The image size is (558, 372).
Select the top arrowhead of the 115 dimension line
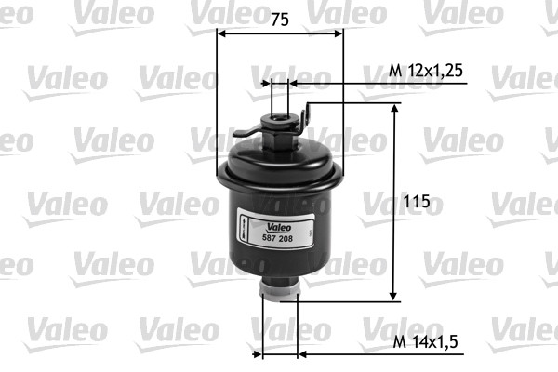coord(395,110)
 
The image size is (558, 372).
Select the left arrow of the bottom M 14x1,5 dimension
coord(269,354)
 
